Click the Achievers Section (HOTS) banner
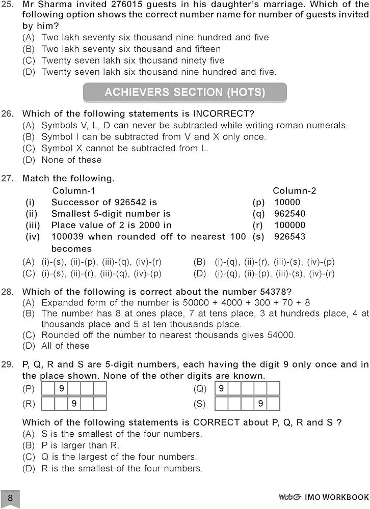click(x=184, y=93)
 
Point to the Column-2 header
click(x=294, y=191)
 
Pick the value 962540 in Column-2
click(x=289, y=214)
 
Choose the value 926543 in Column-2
click(x=289, y=237)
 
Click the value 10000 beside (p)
click(x=287, y=202)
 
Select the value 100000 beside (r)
click(x=289, y=225)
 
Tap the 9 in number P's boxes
click(x=61, y=389)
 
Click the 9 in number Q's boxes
click(x=221, y=389)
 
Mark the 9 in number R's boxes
click(x=74, y=404)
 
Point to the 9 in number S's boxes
click(x=260, y=404)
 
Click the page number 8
click(x=10, y=497)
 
